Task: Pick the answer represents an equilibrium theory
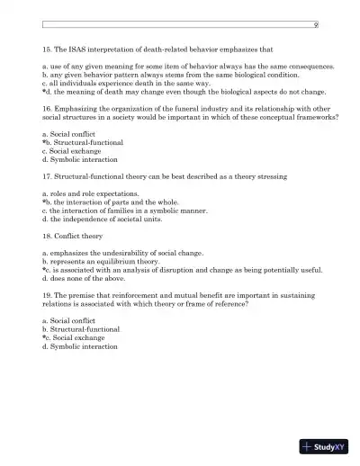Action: [x=101, y=262]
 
